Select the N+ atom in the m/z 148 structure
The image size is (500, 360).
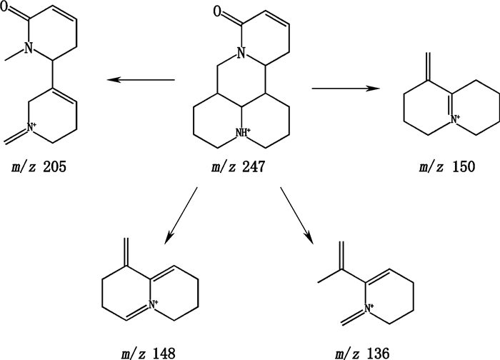click(156, 309)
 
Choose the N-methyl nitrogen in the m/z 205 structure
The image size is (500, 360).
click(29, 48)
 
